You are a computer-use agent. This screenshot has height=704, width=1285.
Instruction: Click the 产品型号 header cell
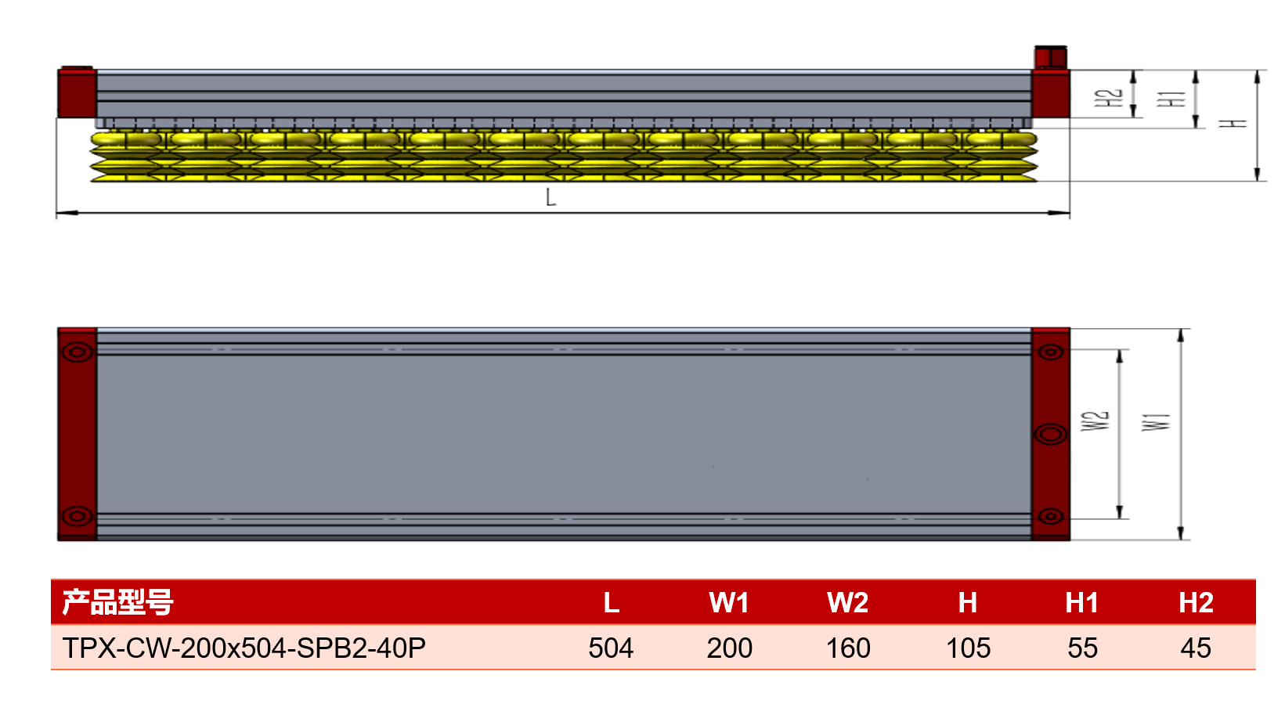point(117,602)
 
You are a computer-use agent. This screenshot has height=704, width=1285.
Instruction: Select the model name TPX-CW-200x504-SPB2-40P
point(244,648)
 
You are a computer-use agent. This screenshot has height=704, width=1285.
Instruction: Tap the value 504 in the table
point(611,648)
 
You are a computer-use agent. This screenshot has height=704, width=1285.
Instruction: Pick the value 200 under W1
point(729,648)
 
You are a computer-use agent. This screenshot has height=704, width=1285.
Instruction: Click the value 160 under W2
point(848,648)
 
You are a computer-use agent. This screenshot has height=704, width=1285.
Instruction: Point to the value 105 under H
point(968,648)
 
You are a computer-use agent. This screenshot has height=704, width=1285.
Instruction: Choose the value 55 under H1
point(1082,648)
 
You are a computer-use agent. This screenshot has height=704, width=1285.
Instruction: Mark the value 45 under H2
point(1196,648)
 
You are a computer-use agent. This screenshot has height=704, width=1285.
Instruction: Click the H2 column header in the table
point(1196,603)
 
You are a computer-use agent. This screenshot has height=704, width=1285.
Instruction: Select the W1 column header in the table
point(729,603)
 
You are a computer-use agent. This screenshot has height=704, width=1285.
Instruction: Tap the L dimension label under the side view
point(550,197)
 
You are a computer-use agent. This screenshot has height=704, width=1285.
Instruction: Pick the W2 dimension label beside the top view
point(1095,421)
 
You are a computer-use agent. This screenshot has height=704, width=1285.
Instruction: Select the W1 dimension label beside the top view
point(1157,422)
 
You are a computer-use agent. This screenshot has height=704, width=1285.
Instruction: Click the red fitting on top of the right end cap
point(1050,57)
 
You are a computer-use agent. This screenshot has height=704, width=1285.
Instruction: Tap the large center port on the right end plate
point(1050,435)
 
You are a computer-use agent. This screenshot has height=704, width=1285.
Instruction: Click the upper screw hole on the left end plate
point(78,352)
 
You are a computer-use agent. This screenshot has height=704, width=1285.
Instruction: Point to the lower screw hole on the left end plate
point(78,516)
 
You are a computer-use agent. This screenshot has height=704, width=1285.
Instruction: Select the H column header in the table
point(968,603)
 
